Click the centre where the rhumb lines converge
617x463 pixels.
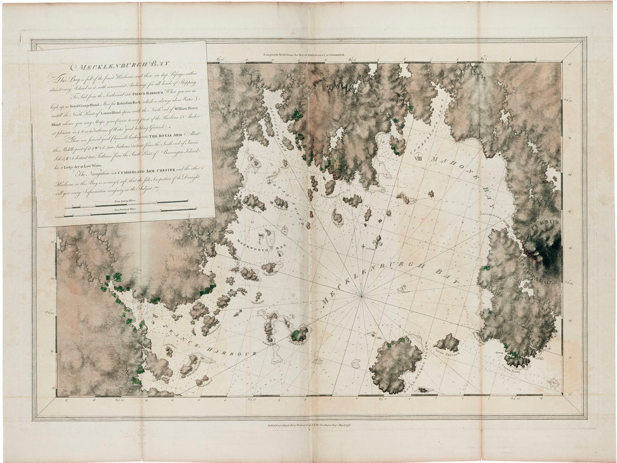(362, 296)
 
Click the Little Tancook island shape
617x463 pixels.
(448, 344)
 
